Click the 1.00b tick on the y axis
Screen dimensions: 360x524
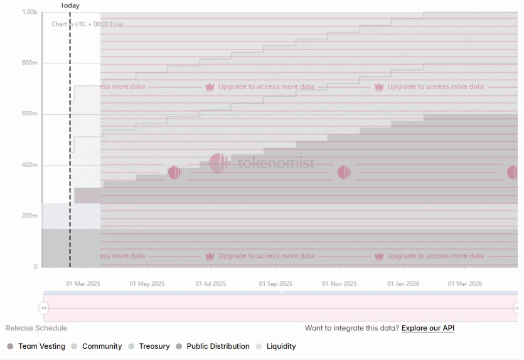click(x=29, y=12)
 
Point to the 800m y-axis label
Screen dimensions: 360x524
click(x=29, y=63)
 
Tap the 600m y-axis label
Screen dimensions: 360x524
click(x=29, y=114)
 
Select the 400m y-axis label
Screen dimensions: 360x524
click(x=29, y=165)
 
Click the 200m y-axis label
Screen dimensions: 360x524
click(x=29, y=216)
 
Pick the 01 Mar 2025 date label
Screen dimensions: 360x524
click(x=83, y=283)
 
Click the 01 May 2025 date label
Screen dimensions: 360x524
click(x=147, y=283)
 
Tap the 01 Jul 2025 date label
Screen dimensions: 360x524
click(x=211, y=283)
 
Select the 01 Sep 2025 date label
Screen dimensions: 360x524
click(x=275, y=283)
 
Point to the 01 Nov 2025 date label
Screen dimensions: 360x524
click(x=340, y=283)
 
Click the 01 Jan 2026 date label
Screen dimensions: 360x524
click(x=403, y=283)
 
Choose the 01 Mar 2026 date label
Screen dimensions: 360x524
click(x=465, y=283)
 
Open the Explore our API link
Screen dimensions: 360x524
click(x=428, y=328)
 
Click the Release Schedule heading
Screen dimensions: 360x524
click(x=36, y=328)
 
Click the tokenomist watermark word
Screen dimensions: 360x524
click(x=276, y=164)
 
